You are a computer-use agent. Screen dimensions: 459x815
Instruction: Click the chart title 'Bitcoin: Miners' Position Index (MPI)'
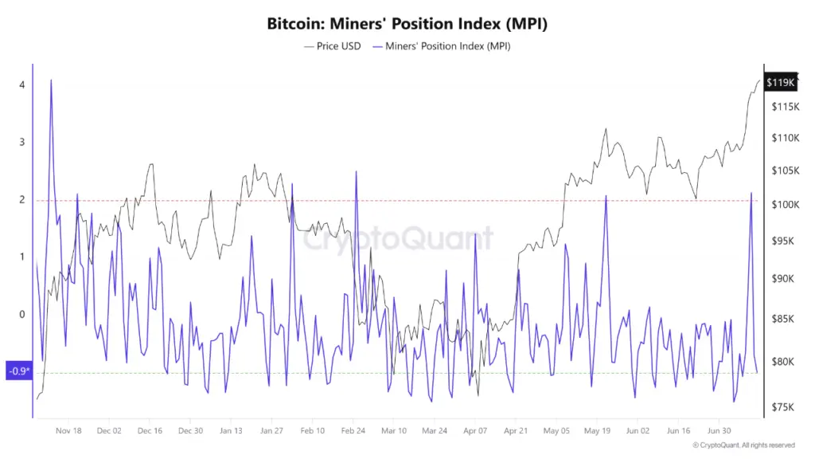(x=407, y=24)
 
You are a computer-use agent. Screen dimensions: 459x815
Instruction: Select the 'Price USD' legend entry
(x=332, y=46)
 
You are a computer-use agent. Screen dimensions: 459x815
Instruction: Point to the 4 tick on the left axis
(x=22, y=85)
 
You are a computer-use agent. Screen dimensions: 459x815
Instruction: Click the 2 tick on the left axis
(x=22, y=200)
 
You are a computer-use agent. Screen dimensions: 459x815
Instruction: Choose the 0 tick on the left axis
(x=22, y=314)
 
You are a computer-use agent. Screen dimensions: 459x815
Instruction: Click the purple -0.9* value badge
(x=18, y=371)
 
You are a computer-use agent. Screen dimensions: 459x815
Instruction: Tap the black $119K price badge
(x=780, y=82)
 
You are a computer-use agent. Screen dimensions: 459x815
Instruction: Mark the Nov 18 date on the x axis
(x=68, y=430)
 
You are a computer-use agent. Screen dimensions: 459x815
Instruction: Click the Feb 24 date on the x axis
(x=353, y=430)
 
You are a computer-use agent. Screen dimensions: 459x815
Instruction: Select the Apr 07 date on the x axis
(x=475, y=430)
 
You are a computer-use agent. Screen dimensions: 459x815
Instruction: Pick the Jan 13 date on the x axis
(x=231, y=430)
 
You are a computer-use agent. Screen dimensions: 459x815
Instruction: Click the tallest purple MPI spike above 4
(x=51, y=80)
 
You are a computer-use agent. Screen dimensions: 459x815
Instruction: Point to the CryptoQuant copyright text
(x=743, y=445)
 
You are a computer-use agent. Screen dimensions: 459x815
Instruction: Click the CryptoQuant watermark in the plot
(x=398, y=238)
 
